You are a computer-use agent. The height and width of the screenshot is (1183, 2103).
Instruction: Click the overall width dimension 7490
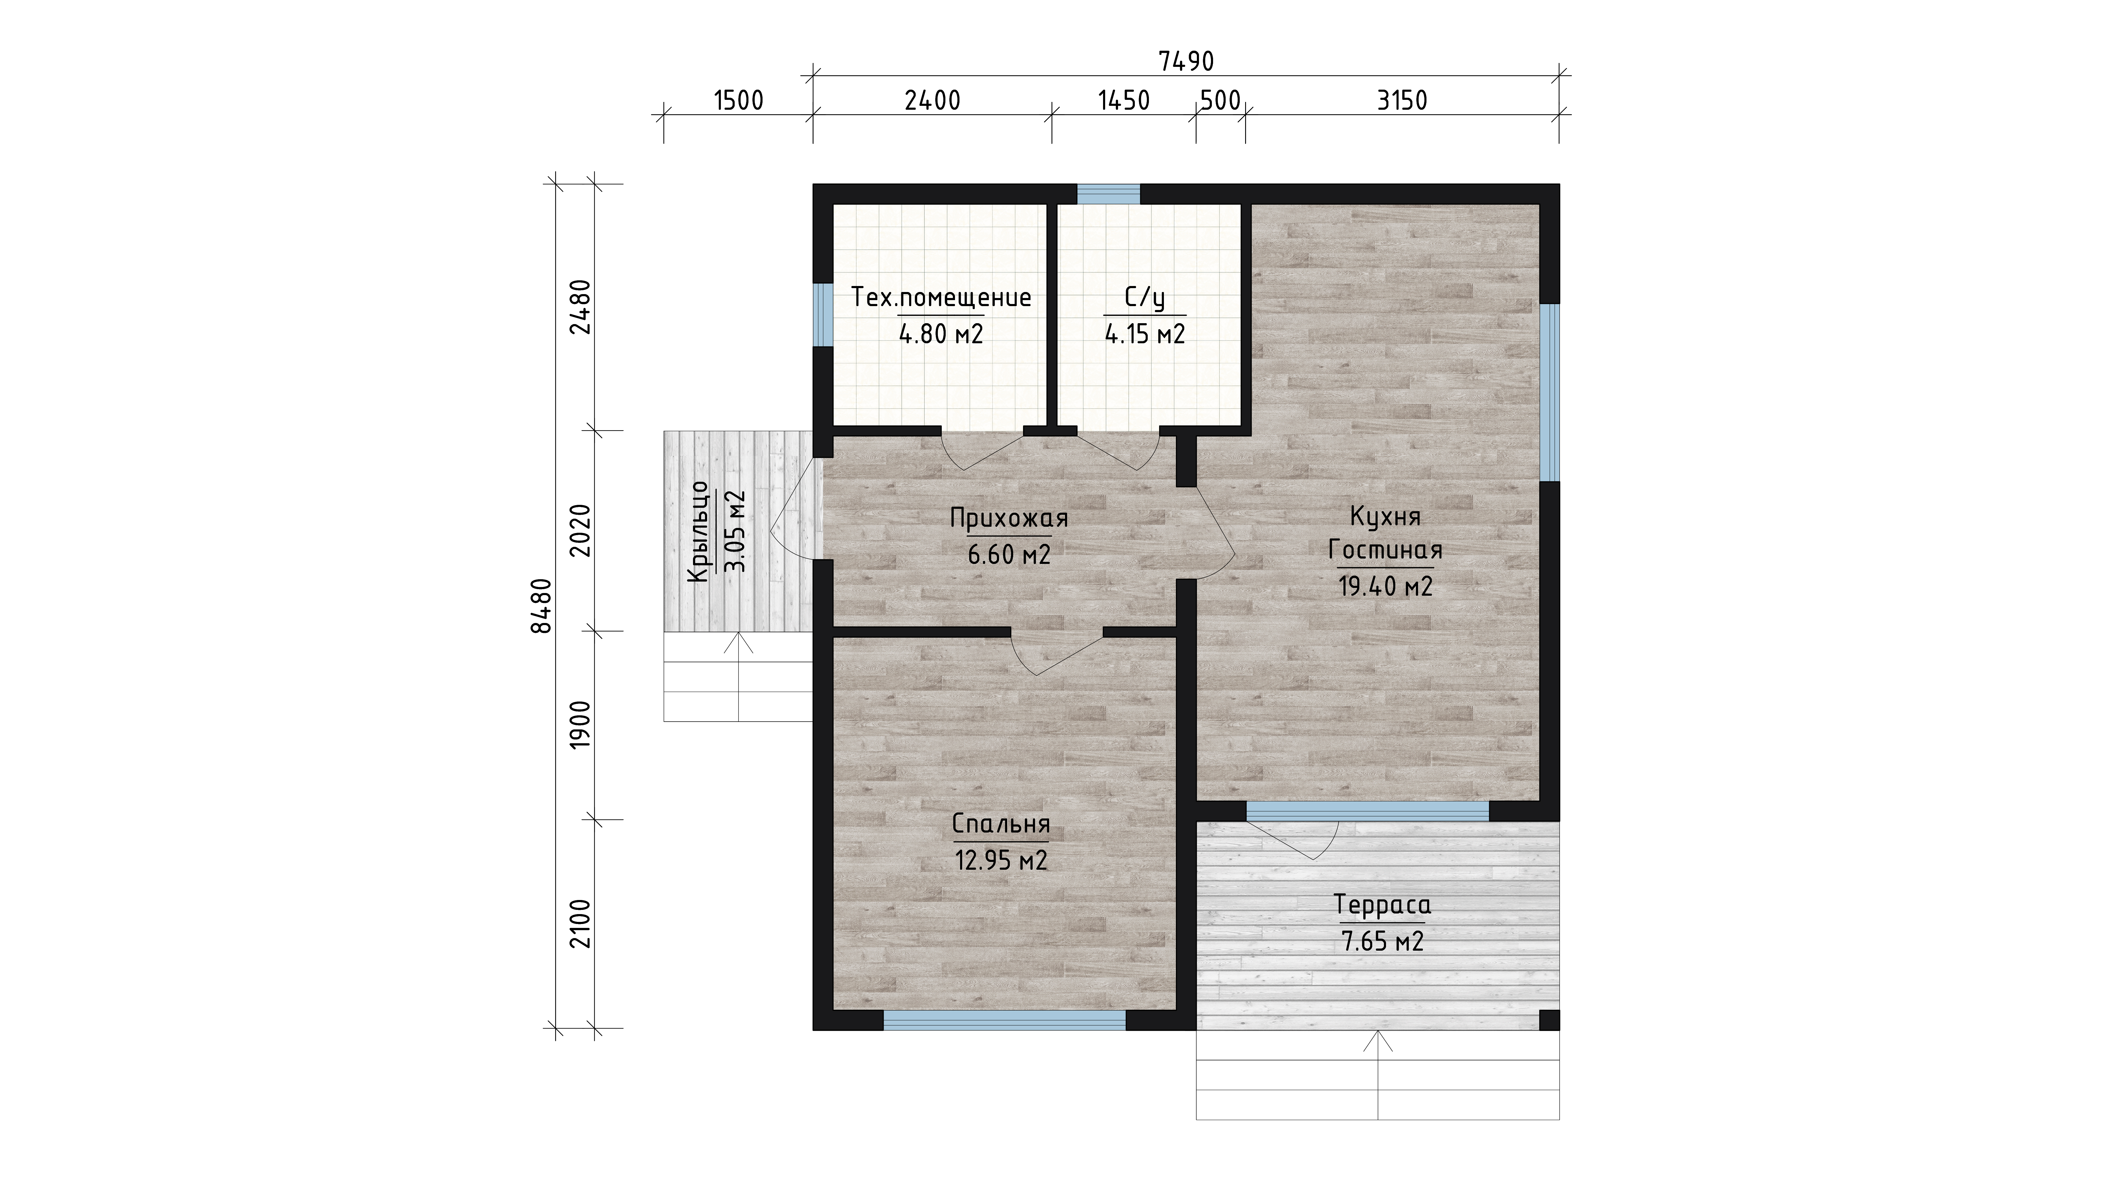1186,61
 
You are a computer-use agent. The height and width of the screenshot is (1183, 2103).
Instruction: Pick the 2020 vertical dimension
580,531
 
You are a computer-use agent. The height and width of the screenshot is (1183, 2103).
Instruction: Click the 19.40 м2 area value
1385,586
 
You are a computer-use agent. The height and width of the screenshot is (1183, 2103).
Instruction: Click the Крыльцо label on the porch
700,532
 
